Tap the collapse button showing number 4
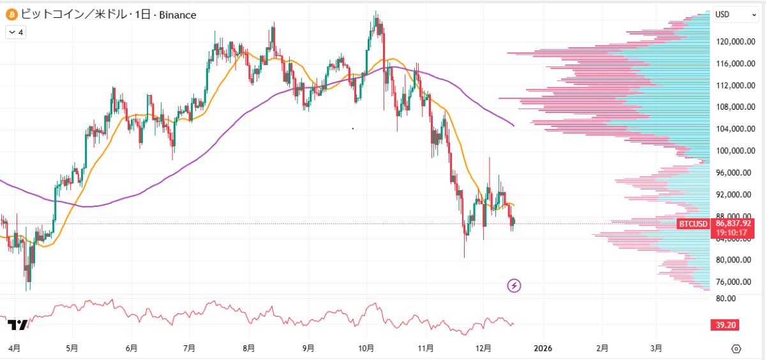(x=15, y=32)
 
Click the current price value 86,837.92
(x=734, y=223)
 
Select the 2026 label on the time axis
(x=543, y=349)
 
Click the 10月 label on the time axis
(x=366, y=349)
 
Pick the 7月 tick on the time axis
(x=189, y=349)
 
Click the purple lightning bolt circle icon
(x=514, y=285)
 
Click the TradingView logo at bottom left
(x=17, y=325)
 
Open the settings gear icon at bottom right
(x=736, y=349)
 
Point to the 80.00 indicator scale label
(x=725, y=299)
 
